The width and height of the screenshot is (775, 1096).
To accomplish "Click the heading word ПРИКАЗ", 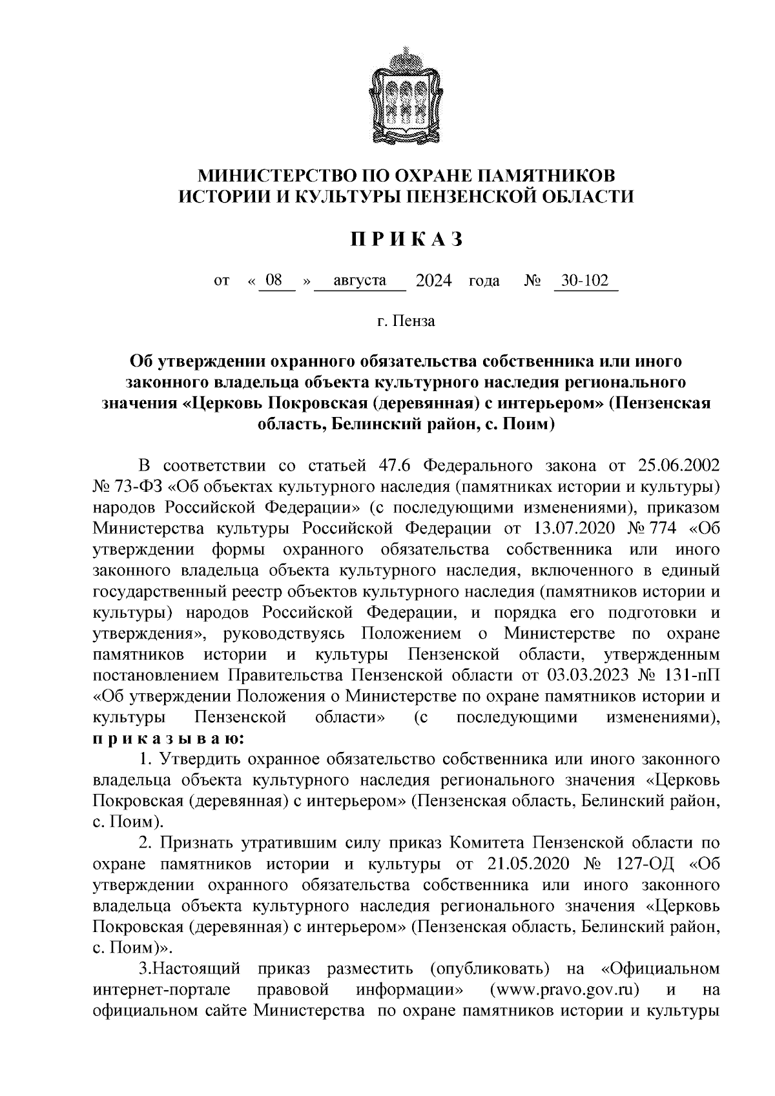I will pos(407,239).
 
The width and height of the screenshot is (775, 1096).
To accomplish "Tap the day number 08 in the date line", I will pos(274,281).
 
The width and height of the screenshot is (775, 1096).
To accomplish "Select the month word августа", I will pos(360,281).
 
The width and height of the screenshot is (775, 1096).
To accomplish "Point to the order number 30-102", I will pos(585,281).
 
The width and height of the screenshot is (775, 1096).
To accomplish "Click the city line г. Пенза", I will pos(407,321).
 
